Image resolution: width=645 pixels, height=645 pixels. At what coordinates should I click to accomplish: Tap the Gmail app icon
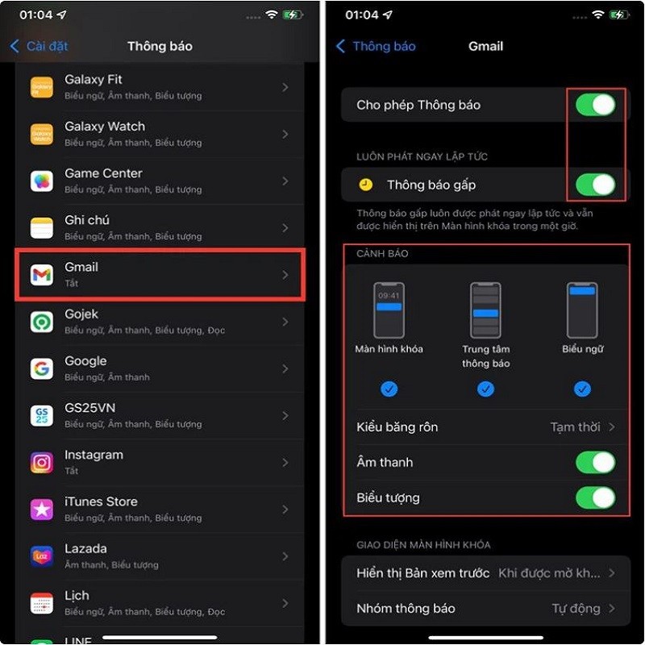click(42, 275)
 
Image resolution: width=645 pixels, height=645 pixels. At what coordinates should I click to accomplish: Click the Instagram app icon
click(42, 463)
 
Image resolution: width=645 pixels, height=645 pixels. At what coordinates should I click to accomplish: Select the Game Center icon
click(42, 181)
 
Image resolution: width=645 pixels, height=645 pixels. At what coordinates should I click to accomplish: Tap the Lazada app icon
click(42, 556)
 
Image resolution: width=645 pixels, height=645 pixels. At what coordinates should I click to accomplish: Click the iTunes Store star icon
click(42, 510)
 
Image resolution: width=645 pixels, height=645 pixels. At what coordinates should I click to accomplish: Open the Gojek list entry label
click(81, 314)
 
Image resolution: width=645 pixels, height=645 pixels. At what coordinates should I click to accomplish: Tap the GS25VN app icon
click(42, 416)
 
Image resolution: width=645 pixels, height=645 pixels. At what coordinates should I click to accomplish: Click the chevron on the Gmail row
click(285, 275)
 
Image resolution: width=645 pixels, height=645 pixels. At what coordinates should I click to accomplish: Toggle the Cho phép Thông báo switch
click(595, 105)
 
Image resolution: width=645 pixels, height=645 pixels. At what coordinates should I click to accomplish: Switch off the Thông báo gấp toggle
click(595, 185)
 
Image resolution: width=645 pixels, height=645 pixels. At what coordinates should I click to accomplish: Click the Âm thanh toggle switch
click(595, 462)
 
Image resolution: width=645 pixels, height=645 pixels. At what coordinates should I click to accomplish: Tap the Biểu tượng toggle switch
click(595, 497)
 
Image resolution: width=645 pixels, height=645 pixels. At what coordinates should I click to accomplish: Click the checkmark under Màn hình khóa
click(389, 389)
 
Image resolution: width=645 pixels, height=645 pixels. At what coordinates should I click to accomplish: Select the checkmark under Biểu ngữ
click(583, 389)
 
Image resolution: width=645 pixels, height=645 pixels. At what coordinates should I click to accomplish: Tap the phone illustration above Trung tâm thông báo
click(485, 310)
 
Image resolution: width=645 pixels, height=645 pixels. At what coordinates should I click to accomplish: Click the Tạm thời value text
click(575, 427)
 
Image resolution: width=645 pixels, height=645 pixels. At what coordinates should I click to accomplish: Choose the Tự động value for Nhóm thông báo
click(576, 608)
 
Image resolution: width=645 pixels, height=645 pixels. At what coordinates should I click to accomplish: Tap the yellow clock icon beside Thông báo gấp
click(366, 185)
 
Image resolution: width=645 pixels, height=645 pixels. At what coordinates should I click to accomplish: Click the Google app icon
click(42, 369)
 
